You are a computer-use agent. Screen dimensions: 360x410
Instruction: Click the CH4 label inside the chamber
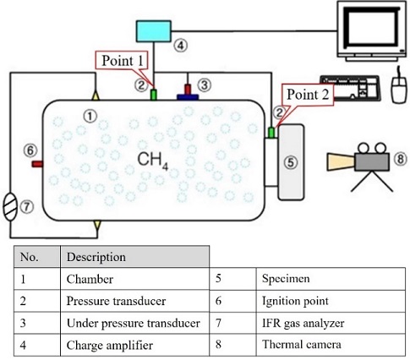point(153,159)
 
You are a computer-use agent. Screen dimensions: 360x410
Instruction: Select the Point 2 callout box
point(308,95)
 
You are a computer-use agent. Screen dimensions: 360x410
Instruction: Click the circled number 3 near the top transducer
point(203,83)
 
